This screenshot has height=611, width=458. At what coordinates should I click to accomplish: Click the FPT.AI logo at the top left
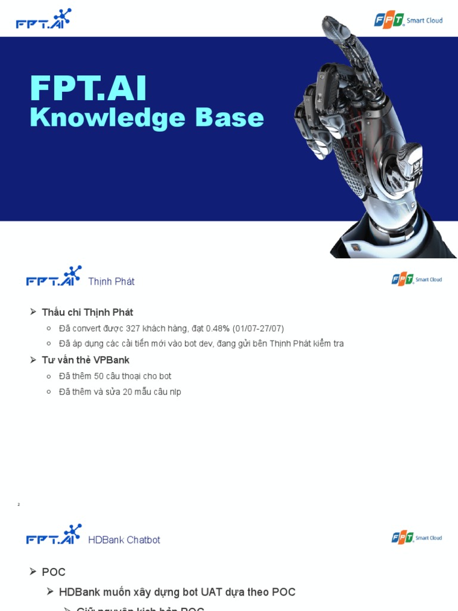(43, 19)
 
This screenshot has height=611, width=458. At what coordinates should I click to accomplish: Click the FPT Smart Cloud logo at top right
(408, 20)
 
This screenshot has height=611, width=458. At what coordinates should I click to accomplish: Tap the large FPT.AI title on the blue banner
(88, 89)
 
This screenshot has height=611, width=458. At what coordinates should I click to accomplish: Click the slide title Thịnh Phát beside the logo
(111, 282)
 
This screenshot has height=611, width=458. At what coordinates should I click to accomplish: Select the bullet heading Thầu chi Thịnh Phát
(87, 313)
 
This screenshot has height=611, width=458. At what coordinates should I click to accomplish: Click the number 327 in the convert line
(134, 329)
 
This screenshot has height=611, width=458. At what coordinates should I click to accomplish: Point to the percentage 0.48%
(218, 329)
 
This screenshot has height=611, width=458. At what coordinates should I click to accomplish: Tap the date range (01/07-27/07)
(258, 329)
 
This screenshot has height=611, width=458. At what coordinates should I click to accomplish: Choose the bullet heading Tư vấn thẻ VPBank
(85, 360)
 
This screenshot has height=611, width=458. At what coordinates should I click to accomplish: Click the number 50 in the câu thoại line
(99, 377)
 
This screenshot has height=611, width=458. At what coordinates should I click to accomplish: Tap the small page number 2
(18, 505)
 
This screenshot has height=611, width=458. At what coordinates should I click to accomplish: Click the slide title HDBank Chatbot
(124, 540)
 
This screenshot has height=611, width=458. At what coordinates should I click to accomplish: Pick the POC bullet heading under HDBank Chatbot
(54, 572)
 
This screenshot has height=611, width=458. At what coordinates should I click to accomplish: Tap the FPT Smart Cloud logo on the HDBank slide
(416, 538)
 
